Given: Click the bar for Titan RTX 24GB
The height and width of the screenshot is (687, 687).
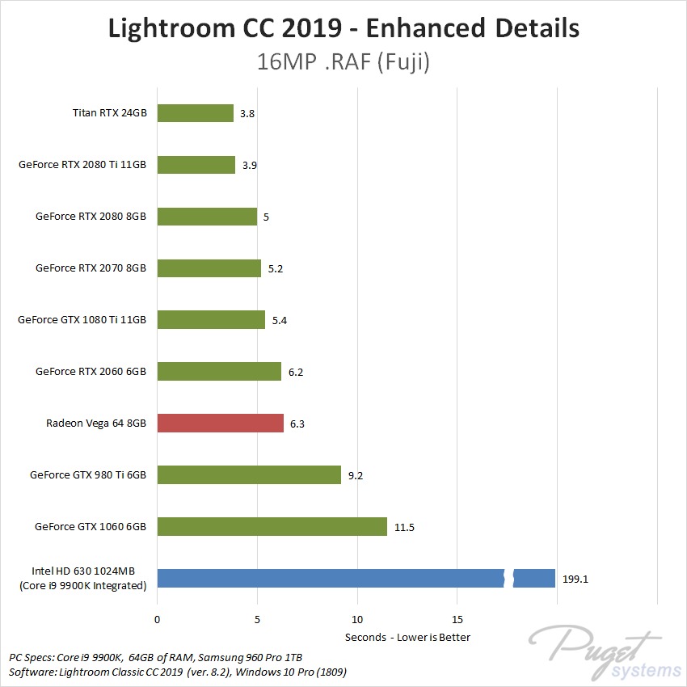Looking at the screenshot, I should tap(195, 113).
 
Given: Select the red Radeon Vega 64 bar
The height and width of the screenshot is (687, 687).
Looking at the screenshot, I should tap(220, 423).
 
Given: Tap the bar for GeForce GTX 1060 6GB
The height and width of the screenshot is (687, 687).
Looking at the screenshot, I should tap(272, 527).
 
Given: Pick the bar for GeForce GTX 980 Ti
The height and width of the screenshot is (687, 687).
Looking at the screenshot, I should tap(249, 474).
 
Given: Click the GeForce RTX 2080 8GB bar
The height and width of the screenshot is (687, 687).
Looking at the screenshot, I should tap(207, 217).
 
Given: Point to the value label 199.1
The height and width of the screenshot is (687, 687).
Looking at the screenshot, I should tap(579, 579).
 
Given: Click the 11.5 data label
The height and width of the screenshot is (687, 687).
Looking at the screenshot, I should tap(404, 527).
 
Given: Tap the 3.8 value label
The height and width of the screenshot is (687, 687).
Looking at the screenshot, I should tap(247, 114).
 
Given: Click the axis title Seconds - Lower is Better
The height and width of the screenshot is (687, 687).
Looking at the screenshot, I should tap(407, 637).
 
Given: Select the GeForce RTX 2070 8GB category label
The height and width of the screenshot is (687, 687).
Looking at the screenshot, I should tap(91, 268).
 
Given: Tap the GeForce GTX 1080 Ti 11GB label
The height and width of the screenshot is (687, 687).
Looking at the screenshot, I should tap(82, 320).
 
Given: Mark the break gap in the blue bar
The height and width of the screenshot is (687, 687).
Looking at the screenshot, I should tap(509, 579).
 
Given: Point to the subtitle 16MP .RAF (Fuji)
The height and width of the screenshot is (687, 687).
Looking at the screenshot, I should tap(343, 62).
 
